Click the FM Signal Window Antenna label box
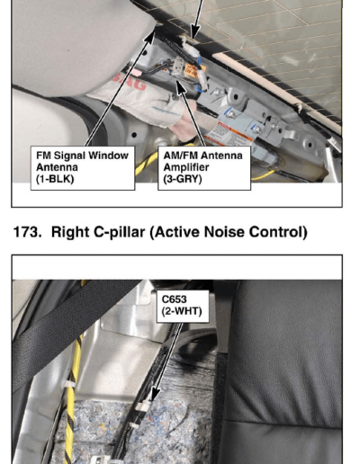click(x=83, y=168)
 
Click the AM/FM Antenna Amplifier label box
click(x=204, y=168)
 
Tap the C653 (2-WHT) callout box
click(x=183, y=306)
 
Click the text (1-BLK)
click(x=55, y=179)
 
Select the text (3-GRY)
click(x=183, y=179)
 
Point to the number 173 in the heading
click(x=28, y=232)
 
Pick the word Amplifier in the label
click(x=186, y=167)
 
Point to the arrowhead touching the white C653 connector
click(x=154, y=394)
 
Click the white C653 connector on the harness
click(x=143, y=406)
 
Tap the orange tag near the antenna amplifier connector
click(x=195, y=71)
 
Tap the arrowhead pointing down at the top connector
click(x=195, y=31)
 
